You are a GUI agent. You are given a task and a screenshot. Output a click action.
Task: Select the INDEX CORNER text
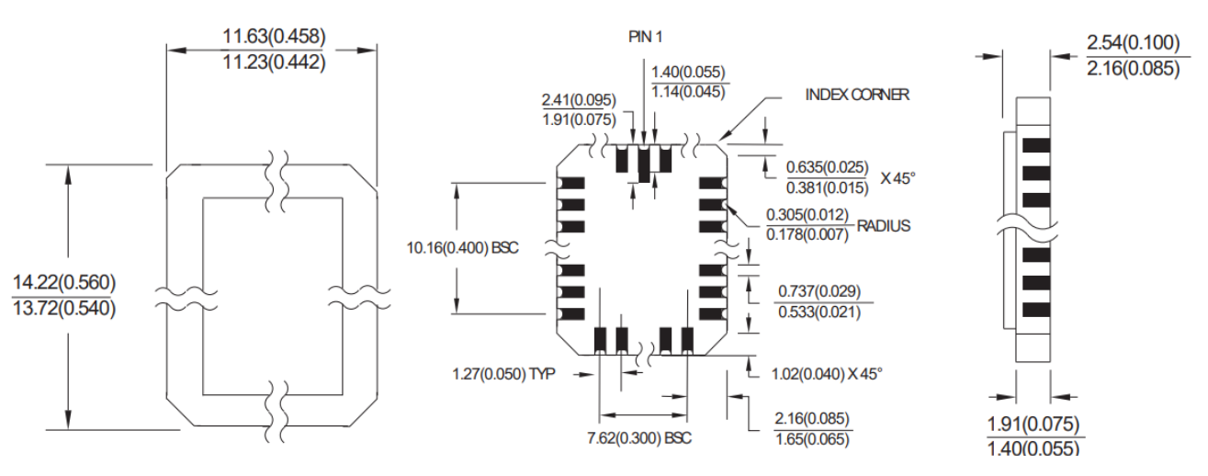[857, 95]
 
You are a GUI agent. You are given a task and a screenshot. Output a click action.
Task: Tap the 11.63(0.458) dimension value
[274, 37]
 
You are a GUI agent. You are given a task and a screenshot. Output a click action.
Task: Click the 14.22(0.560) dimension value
[63, 281]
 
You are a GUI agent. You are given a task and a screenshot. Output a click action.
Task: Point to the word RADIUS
[884, 225]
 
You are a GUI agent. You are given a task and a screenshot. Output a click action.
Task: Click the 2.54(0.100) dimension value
[1133, 42]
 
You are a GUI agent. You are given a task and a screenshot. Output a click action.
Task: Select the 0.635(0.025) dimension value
[825, 167]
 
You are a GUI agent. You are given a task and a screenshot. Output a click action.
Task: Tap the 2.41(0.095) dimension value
[579, 99]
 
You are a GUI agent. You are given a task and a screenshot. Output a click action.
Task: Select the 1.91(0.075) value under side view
[1033, 424]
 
